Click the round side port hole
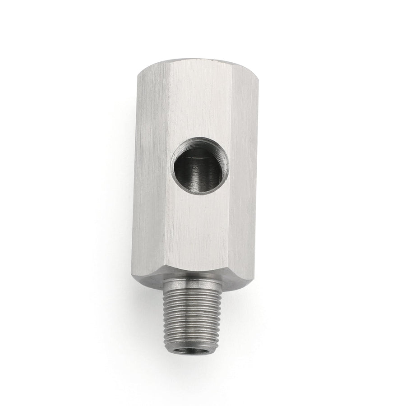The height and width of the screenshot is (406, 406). point(200,166)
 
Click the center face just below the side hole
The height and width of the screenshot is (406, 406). point(198,226)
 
